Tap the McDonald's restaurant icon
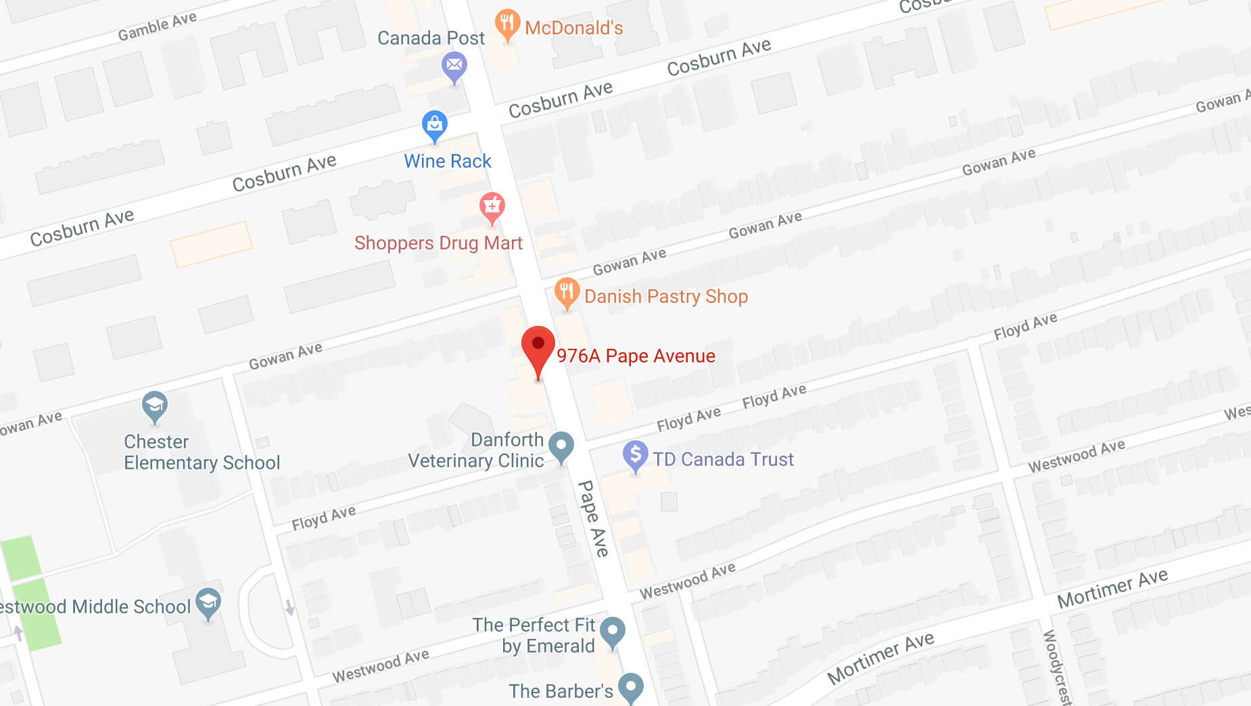pyautogui.click(x=507, y=24)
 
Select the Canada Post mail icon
pyautogui.click(x=454, y=66)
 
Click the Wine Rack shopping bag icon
pyautogui.click(x=434, y=124)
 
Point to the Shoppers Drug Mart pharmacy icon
pyautogui.click(x=492, y=206)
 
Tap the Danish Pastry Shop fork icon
pyautogui.click(x=567, y=292)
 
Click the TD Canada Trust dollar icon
pyautogui.click(x=635, y=454)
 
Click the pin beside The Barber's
pyautogui.click(x=631, y=686)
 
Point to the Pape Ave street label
pyautogui.click(x=593, y=519)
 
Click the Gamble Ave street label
pyautogui.click(x=157, y=26)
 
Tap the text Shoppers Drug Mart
pyautogui.click(x=438, y=243)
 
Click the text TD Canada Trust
pyautogui.click(x=723, y=459)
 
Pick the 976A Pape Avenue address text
pyautogui.click(x=636, y=356)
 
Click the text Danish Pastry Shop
pyautogui.click(x=666, y=296)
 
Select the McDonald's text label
pyautogui.click(x=573, y=28)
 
